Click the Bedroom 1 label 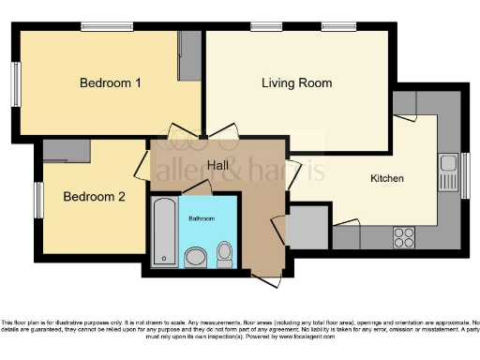pyautogui.click(x=110, y=83)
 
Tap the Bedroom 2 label pyautogui.click(x=93, y=197)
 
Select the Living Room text pyautogui.click(x=296, y=83)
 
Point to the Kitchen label pyautogui.click(x=387, y=177)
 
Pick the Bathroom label pyautogui.click(x=201, y=218)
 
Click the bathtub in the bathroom pyautogui.click(x=164, y=230)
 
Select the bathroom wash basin pyautogui.click(x=196, y=256)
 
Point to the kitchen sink pyautogui.click(x=447, y=173)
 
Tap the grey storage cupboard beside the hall pyautogui.click(x=306, y=226)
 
